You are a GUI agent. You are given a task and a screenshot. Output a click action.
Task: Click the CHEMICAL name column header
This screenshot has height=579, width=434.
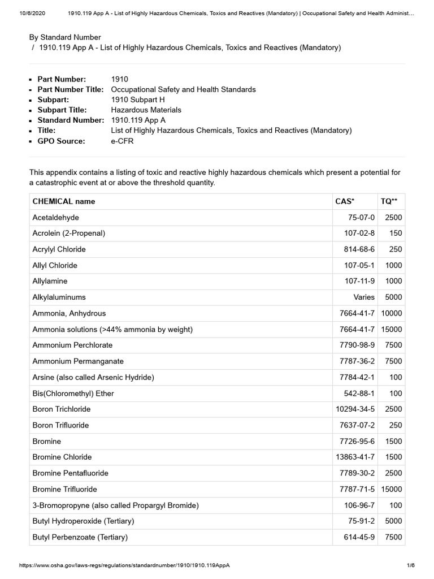tap(64, 201)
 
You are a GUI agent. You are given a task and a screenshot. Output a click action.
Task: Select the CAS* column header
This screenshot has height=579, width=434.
tap(345, 201)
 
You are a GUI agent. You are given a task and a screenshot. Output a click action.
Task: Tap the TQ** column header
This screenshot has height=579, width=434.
tap(389, 201)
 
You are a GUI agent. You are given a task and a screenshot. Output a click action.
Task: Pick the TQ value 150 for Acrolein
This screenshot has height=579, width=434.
tap(396, 233)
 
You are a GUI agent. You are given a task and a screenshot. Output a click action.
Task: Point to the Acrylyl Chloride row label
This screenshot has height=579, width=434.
tap(59, 249)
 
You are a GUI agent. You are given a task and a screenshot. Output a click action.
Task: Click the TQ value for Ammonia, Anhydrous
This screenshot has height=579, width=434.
tap(391, 313)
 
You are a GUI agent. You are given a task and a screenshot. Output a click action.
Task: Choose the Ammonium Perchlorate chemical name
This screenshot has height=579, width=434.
tap(72, 345)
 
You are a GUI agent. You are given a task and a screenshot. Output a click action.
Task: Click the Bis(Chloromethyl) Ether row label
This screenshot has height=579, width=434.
tap(73, 393)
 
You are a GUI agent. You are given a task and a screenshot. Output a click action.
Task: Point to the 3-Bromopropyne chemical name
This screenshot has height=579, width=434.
tap(115, 505)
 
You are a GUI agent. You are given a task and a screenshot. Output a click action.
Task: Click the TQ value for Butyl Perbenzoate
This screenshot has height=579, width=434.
tap(393, 537)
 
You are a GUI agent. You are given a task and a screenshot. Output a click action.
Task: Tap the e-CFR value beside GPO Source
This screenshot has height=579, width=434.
tap(122, 141)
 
